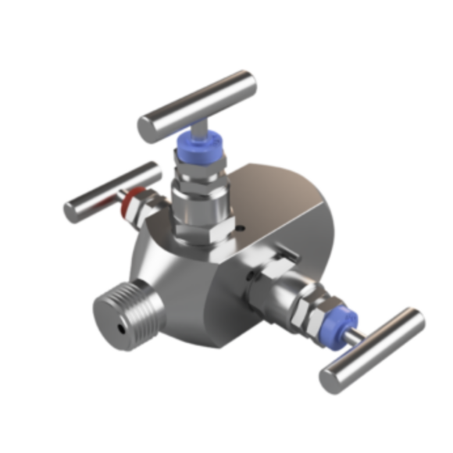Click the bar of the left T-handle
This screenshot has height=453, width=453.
coord(109,191)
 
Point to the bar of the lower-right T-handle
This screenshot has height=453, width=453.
coord(373,351)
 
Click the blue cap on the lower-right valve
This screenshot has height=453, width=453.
coord(343,323)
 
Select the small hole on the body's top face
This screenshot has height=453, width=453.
coord(241,229)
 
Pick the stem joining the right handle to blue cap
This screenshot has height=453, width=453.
coord(358,334)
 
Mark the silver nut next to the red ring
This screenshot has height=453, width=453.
coord(142,206)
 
